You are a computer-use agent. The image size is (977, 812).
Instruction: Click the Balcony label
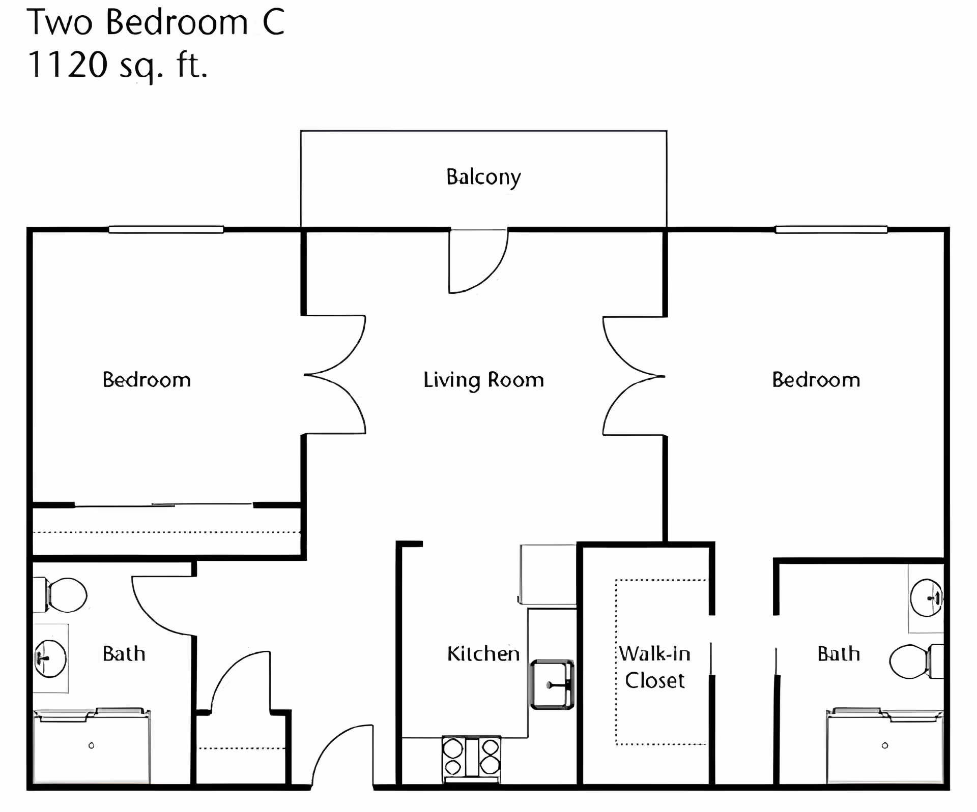[x=483, y=177]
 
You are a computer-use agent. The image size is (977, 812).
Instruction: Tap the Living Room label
[x=483, y=380]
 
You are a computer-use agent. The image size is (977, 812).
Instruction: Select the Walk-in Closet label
[x=655, y=667]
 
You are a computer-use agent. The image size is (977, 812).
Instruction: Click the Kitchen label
[x=483, y=654]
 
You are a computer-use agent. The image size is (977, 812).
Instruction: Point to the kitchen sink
[x=552, y=684]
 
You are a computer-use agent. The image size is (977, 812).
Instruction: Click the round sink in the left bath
[x=50, y=658]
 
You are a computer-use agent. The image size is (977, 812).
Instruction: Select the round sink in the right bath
[x=926, y=598]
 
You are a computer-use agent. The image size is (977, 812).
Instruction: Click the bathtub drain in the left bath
[x=91, y=745]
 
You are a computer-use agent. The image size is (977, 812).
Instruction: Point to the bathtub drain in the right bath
[x=885, y=745]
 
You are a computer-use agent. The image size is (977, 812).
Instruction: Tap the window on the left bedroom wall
[x=166, y=230]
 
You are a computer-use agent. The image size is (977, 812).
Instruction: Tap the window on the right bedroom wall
[x=831, y=230]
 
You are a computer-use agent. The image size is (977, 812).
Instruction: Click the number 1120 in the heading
[x=68, y=65]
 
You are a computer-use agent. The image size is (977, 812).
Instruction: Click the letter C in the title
[x=274, y=23]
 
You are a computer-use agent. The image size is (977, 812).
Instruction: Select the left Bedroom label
[x=147, y=380]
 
